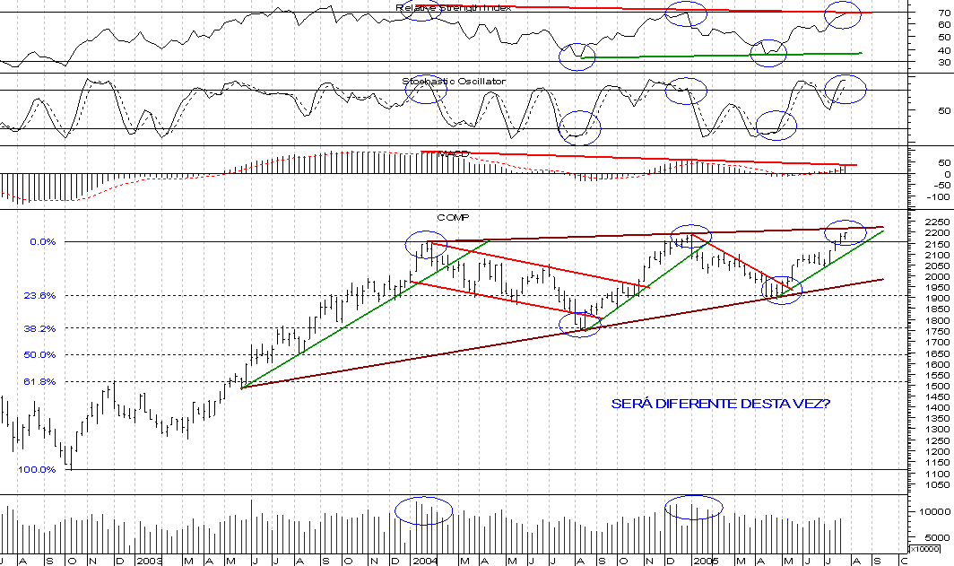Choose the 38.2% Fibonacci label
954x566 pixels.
(40, 328)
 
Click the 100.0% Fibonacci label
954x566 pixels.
(38, 469)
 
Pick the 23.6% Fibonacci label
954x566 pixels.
(40, 295)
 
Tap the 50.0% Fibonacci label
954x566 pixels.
(40, 354)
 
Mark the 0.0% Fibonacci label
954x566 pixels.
(43, 241)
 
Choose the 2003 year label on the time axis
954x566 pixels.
(149, 560)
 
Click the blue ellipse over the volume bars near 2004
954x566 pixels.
(423, 510)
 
